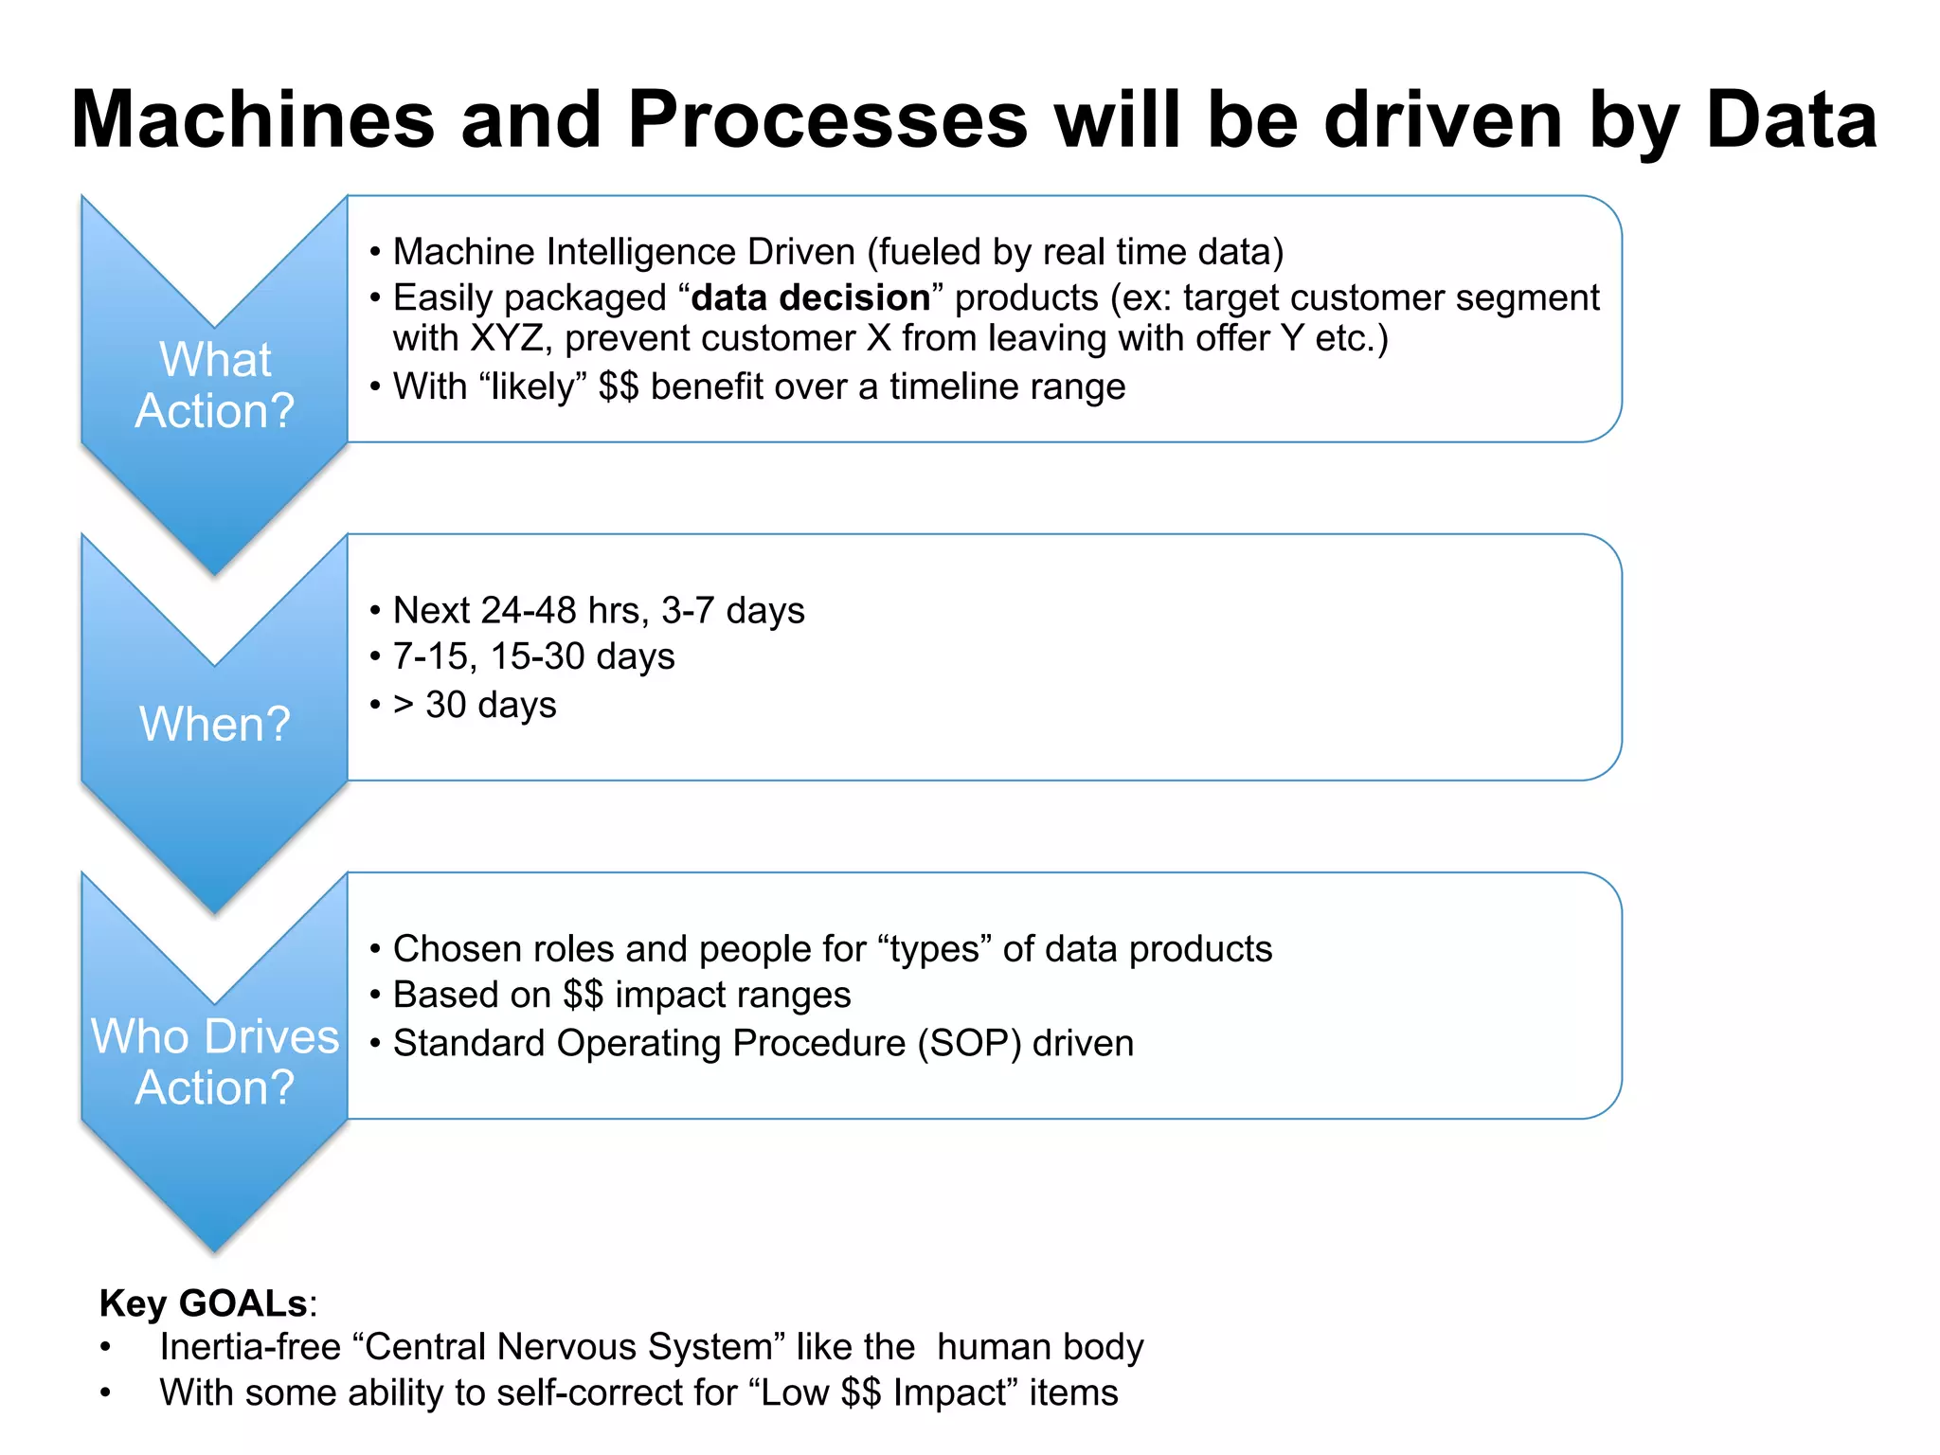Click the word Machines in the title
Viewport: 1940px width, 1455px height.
pos(253,120)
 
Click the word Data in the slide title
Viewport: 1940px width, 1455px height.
pos(1790,120)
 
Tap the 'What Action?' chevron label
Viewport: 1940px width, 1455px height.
pos(215,386)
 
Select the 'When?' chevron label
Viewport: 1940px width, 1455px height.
pos(215,724)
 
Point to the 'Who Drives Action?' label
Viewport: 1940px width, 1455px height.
pos(215,1062)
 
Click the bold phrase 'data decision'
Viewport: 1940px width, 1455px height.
pos(811,298)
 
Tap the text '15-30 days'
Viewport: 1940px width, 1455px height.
pos(582,657)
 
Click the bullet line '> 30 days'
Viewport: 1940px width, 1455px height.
pos(475,705)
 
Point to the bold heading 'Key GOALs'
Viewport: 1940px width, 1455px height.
pos(203,1303)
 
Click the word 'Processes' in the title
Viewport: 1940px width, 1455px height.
pos(827,120)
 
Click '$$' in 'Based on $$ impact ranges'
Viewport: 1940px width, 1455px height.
pos(583,996)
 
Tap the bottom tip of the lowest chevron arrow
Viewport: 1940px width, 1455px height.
pos(215,1249)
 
